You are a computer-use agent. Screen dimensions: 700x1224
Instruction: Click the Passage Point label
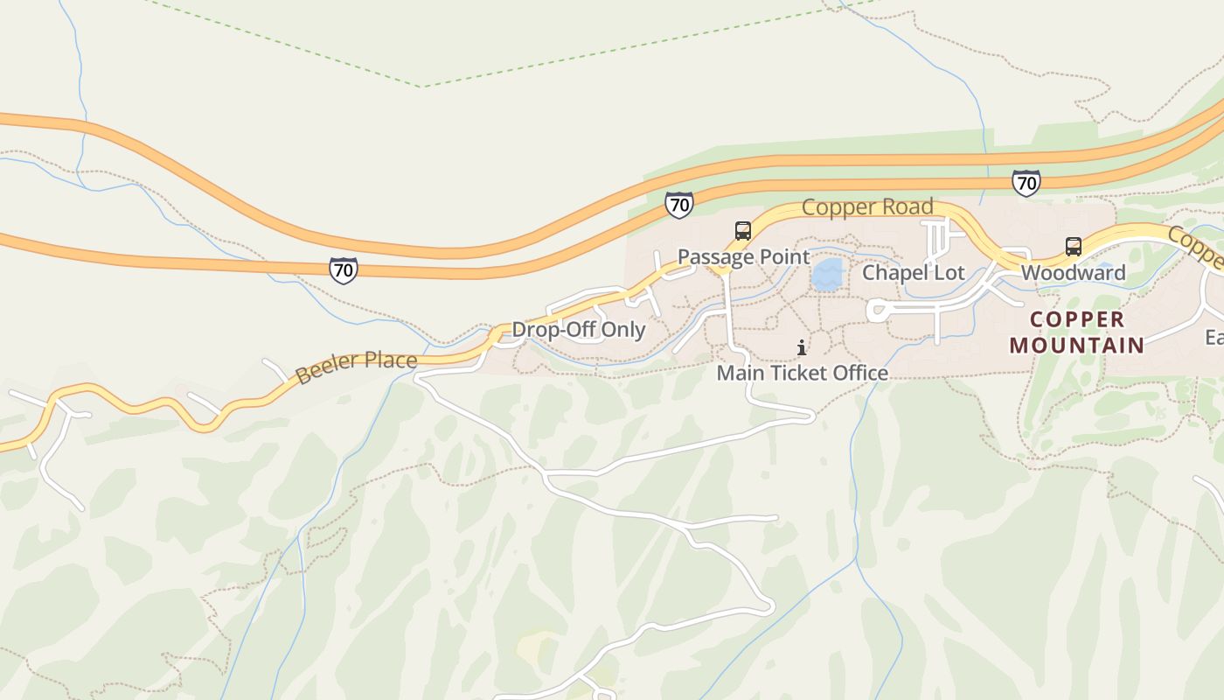(x=744, y=257)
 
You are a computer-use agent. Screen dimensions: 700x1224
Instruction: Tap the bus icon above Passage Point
(x=743, y=231)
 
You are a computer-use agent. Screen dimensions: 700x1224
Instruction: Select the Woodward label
(x=1073, y=273)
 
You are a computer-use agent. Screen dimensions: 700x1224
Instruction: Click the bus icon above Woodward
(x=1074, y=247)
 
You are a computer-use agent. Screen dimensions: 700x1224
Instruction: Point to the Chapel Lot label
(x=914, y=273)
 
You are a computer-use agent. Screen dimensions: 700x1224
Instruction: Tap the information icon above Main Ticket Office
(x=802, y=348)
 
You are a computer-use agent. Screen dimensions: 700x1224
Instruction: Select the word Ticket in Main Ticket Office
(x=801, y=374)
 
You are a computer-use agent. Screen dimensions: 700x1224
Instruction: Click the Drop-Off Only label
(x=578, y=330)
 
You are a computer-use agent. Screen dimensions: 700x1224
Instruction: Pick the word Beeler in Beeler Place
(x=326, y=368)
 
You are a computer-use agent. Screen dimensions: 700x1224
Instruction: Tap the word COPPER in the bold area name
(x=1077, y=319)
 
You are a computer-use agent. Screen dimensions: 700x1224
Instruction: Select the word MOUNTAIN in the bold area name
(x=1077, y=346)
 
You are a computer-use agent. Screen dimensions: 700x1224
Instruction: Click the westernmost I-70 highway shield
(x=344, y=270)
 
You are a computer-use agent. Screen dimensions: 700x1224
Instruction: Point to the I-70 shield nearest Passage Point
(x=678, y=206)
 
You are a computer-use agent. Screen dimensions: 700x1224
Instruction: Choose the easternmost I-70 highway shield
(x=1026, y=183)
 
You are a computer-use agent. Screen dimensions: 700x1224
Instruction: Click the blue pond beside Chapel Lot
(x=826, y=274)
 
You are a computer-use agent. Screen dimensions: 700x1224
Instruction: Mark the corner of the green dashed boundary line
(x=422, y=87)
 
